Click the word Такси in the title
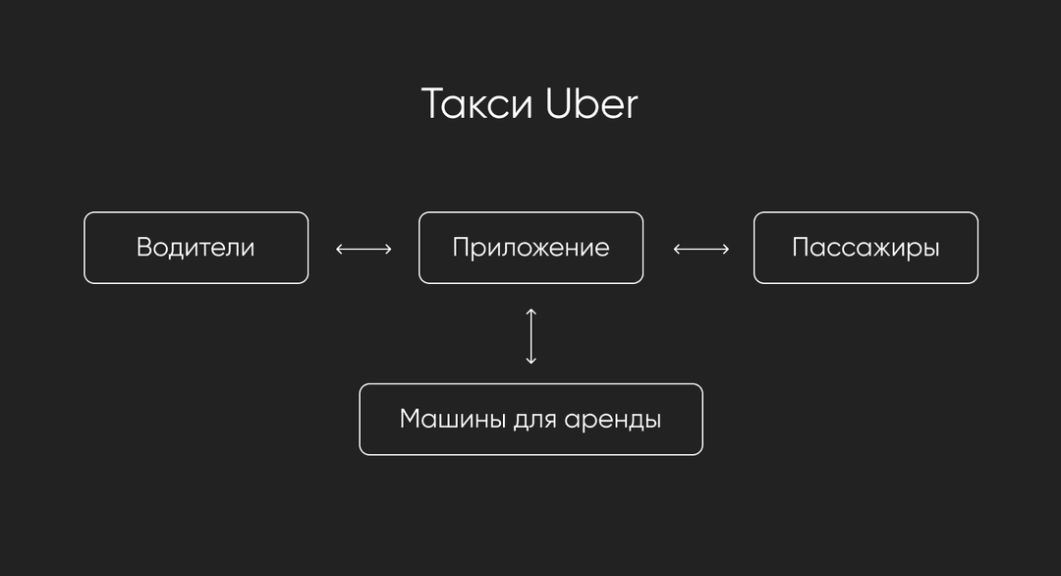(x=477, y=104)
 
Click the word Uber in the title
(x=591, y=104)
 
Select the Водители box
(x=196, y=248)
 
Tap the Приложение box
(x=531, y=248)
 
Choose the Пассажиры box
(x=866, y=248)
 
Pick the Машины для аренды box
(x=531, y=420)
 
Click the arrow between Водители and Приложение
(x=364, y=249)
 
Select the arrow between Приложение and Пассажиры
(x=701, y=249)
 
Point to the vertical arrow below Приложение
(x=531, y=336)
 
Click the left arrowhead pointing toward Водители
(x=339, y=249)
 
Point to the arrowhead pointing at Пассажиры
(x=726, y=249)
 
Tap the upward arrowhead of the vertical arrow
(x=531, y=312)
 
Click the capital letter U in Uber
(x=559, y=104)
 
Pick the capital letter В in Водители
(x=144, y=248)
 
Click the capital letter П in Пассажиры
(x=802, y=248)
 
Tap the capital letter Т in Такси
(x=434, y=104)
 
